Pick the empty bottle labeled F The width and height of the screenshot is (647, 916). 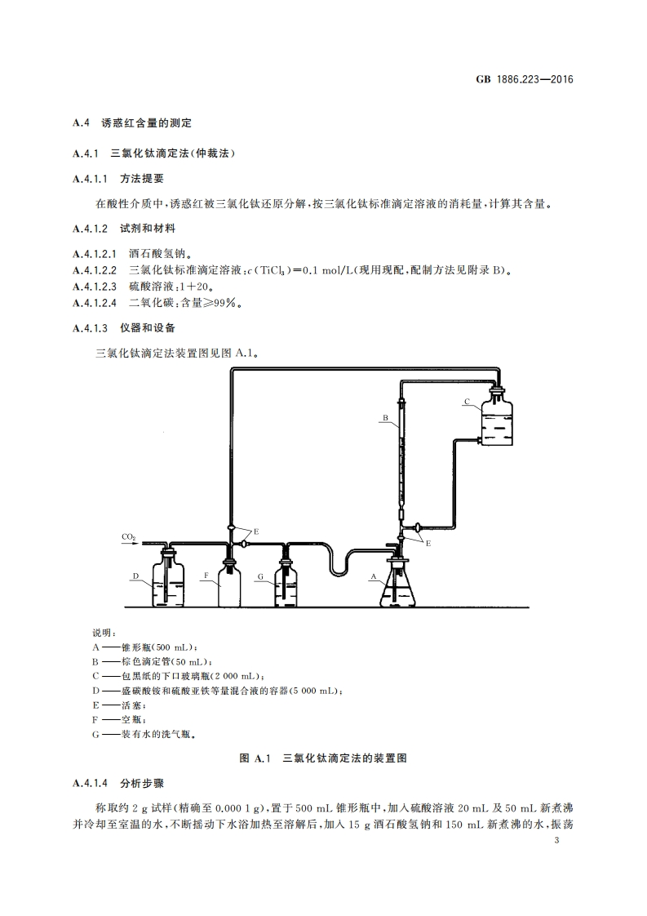tap(229, 585)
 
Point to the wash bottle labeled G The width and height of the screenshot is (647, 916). tap(286, 585)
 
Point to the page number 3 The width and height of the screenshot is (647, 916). tap(556, 842)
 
